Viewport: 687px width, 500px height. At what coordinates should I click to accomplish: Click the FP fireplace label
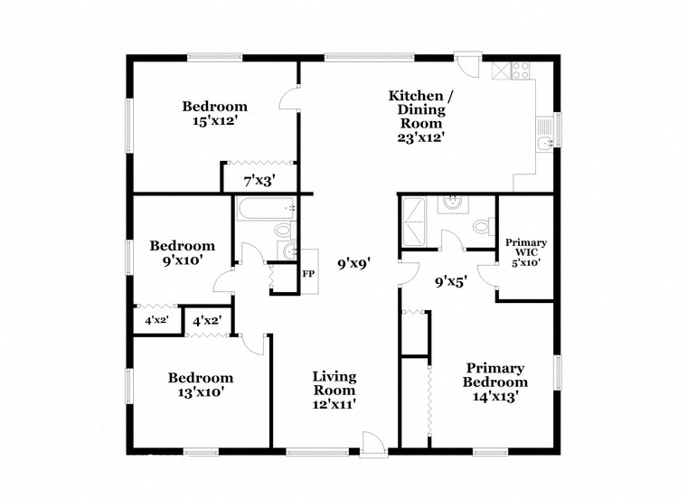[308, 274]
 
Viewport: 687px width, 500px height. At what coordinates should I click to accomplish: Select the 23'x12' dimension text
[416, 138]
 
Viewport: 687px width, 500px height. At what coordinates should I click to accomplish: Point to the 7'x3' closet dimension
[259, 180]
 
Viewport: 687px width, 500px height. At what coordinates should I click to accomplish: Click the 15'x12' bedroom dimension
[215, 118]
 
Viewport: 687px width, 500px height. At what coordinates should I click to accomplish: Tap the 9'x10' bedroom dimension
[182, 259]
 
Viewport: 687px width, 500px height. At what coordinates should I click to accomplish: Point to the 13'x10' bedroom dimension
[200, 392]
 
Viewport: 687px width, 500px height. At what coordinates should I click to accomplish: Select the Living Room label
[334, 383]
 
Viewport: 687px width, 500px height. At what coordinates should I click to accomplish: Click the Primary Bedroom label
[494, 375]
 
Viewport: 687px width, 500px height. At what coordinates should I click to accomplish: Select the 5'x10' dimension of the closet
[525, 263]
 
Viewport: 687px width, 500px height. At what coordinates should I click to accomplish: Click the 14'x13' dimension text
[494, 395]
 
